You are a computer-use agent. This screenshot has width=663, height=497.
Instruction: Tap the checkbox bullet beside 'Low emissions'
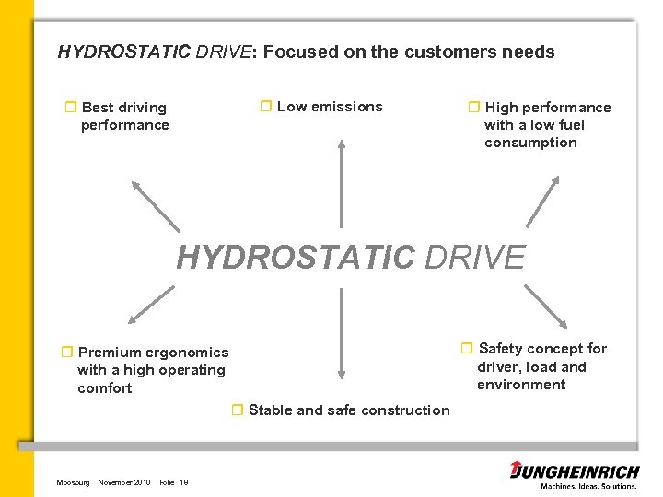tap(265, 107)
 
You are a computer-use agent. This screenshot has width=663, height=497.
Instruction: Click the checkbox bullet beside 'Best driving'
tap(70, 108)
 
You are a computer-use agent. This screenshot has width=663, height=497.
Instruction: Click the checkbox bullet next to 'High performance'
tap(474, 108)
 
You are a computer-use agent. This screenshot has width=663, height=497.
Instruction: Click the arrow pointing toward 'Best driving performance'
tap(155, 204)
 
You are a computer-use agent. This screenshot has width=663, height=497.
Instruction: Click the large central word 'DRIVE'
tap(474, 258)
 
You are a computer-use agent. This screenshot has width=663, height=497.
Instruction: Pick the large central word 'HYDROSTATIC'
tap(296, 258)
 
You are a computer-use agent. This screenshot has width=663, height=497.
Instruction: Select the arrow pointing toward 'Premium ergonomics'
tap(151, 305)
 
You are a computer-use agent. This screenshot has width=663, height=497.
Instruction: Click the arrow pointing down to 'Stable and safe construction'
tap(342, 333)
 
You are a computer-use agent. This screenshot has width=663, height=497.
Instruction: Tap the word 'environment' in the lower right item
tap(521, 385)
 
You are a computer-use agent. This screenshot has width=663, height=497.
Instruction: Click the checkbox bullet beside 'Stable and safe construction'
tap(237, 410)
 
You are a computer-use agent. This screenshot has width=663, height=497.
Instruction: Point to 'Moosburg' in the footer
tap(73, 482)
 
